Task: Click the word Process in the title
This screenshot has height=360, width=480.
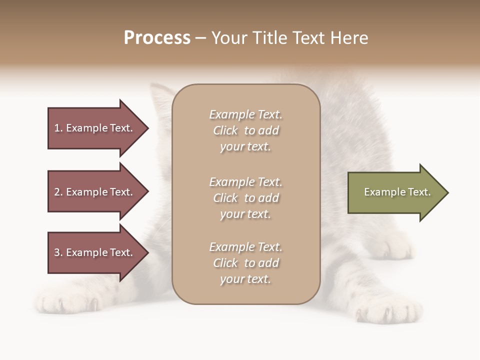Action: pos(157,38)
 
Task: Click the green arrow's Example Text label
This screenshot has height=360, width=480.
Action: pos(397,192)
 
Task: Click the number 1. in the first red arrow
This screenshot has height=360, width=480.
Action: pos(58,128)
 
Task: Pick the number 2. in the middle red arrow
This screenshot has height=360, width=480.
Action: pos(58,192)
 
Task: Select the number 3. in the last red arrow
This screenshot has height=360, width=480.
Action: pos(58,252)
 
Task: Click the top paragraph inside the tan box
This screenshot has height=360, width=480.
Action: pos(245,130)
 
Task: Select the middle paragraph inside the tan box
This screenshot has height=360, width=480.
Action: pos(245,198)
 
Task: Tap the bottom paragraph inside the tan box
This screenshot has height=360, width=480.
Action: pos(245,263)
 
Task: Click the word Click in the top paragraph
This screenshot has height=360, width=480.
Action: pos(225,130)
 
